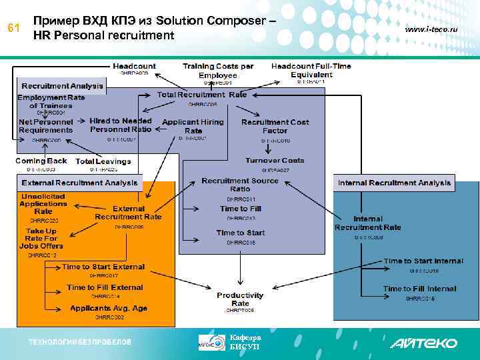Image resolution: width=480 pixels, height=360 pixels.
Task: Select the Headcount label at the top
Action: click(134, 66)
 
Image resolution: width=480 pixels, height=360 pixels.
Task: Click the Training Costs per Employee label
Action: click(219, 71)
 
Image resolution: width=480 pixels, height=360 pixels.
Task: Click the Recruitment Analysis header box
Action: click(63, 86)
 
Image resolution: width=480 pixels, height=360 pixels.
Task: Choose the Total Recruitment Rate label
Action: click(202, 95)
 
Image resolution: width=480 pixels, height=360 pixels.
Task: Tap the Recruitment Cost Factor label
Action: click(275, 126)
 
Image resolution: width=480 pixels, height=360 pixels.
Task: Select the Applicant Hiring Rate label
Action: click(193, 126)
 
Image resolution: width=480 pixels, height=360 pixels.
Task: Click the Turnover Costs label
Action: click(275, 161)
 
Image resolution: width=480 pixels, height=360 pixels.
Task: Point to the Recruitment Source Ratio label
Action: click(240, 185)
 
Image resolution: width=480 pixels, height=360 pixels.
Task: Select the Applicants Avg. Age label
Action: click(109, 308)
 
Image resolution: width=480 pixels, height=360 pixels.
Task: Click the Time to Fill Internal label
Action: click(419, 289)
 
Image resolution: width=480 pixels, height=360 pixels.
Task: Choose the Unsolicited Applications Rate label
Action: click(43, 203)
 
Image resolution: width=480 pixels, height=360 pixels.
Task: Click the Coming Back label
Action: click(41, 161)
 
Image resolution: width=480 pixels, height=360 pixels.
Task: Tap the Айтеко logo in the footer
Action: click(423, 343)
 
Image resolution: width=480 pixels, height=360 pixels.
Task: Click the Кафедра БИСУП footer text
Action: click(241, 342)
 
